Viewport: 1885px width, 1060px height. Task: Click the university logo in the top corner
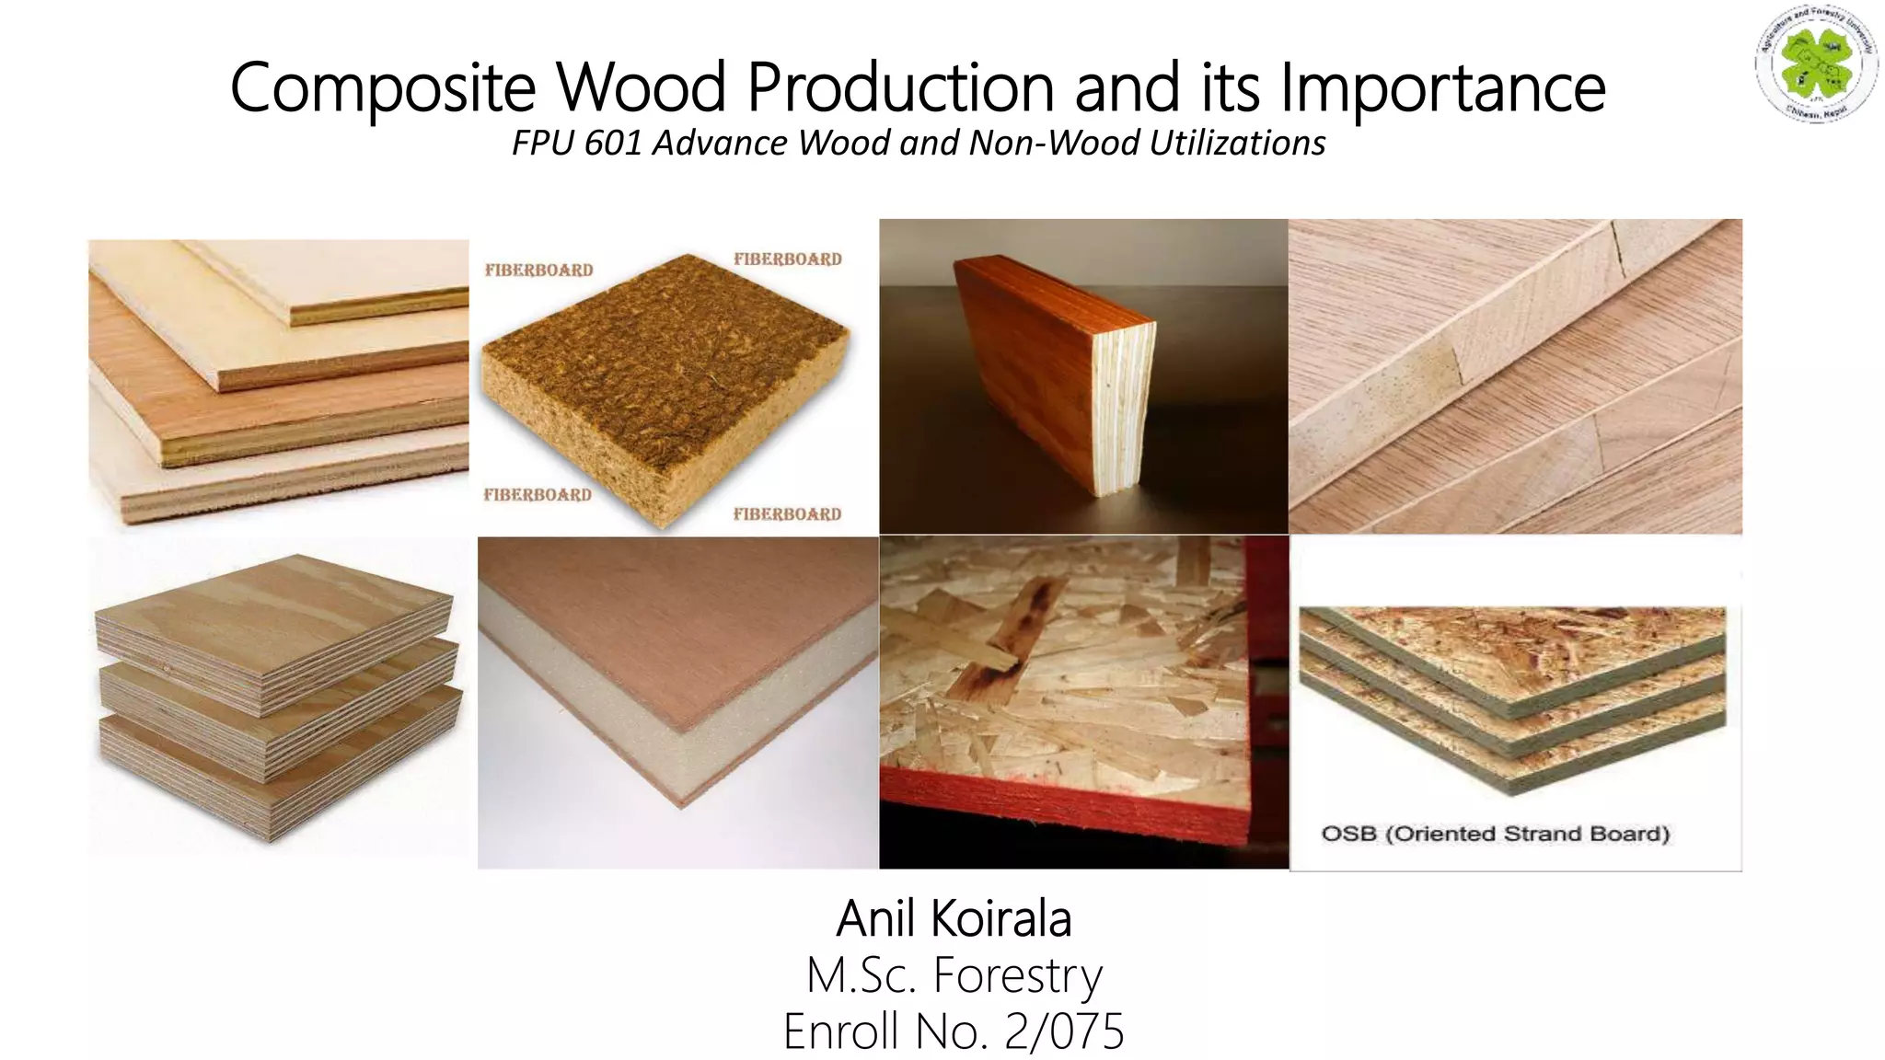[x=1814, y=63]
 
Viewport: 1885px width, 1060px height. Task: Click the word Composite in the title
[x=382, y=88]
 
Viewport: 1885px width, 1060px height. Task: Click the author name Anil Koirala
[x=954, y=918]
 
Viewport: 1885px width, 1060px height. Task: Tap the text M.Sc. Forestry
[x=954, y=975]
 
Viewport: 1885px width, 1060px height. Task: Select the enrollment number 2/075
[x=1064, y=1031]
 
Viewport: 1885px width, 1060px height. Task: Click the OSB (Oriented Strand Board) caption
[x=1495, y=834]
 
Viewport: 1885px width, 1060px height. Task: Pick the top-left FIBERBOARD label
[x=538, y=270]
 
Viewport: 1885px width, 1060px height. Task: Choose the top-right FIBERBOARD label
[x=787, y=259]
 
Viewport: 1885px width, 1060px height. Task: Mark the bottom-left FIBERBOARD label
[x=538, y=495]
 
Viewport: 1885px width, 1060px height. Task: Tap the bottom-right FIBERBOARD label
[x=787, y=514]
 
